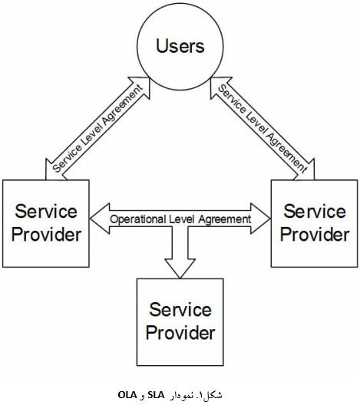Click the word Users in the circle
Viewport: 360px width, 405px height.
(x=180, y=46)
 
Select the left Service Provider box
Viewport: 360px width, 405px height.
(x=46, y=223)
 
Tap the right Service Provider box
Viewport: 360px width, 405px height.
(x=314, y=223)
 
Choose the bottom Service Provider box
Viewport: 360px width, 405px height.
(x=180, y=322)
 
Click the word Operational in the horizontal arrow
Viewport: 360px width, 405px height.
(x=137, y=219)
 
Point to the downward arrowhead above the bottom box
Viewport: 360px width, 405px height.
(x=180, y=268)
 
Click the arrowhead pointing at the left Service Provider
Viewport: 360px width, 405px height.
(x=100, y=219)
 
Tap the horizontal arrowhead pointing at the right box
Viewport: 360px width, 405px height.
(x=260, y=219)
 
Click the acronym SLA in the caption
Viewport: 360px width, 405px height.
(x=156, y=395)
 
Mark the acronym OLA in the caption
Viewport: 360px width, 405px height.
(x=127, y=395)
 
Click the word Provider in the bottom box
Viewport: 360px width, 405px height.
(x=180, y=333)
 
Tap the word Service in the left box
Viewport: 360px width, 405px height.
(x=46, y=211)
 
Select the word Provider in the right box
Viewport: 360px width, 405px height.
(x=315, y=235)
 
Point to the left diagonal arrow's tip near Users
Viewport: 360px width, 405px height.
(x=150, y=77)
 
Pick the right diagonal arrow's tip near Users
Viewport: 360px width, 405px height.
(x=211, y=77)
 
